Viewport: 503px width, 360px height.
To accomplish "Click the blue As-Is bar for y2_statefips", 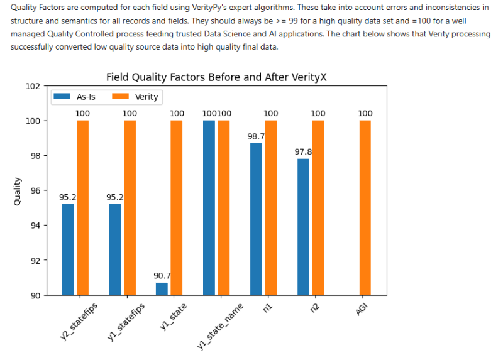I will click(67, 249).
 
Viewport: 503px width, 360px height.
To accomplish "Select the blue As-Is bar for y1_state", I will click(162, 289).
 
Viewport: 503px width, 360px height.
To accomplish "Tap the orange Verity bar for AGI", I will click(365, 207).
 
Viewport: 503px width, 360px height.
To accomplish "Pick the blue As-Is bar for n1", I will click(256, 219).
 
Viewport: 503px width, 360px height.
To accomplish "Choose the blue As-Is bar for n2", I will click(303, 227).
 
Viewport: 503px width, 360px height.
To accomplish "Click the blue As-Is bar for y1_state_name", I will click(209, 207).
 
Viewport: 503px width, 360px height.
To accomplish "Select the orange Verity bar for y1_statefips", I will click(130, 207).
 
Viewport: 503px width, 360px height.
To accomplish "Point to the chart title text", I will click(216, 77).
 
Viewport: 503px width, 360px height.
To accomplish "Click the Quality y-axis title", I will click(17, 191).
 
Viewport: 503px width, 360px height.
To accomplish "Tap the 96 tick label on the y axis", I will click(35, 191).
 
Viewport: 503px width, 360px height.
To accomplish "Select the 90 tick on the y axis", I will click(35, 295).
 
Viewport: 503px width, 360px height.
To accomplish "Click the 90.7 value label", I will click(162, 275).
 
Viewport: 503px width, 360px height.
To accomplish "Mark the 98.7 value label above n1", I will click(256, 136).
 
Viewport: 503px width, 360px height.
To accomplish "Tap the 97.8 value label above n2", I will click(303, 151).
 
